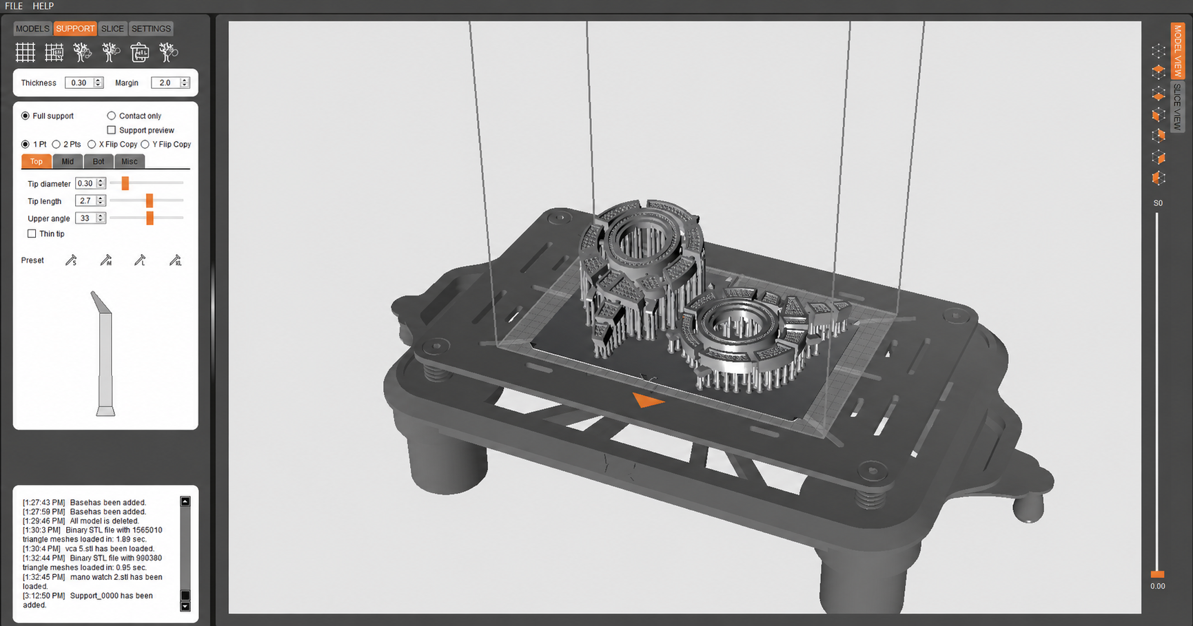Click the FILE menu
pyautogui.click(x=14, y=6)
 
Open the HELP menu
pyautogui.click(x=43, y=6)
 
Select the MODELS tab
pyautogui.click(x=32, y=29)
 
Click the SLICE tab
pyautogui.click(x=112, y=29)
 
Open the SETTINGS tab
pyautogui.click(x=151, y=29)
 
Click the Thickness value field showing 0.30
pyautogui.click(x=79, y=83)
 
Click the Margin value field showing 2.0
pyautogui.click(x=165, y=83)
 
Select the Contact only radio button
pyautogui.click(x=112, y=116)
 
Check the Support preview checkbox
pyautogui.click(x=112, y=130)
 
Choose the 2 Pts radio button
pyautogui.click(x=57, y=145)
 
